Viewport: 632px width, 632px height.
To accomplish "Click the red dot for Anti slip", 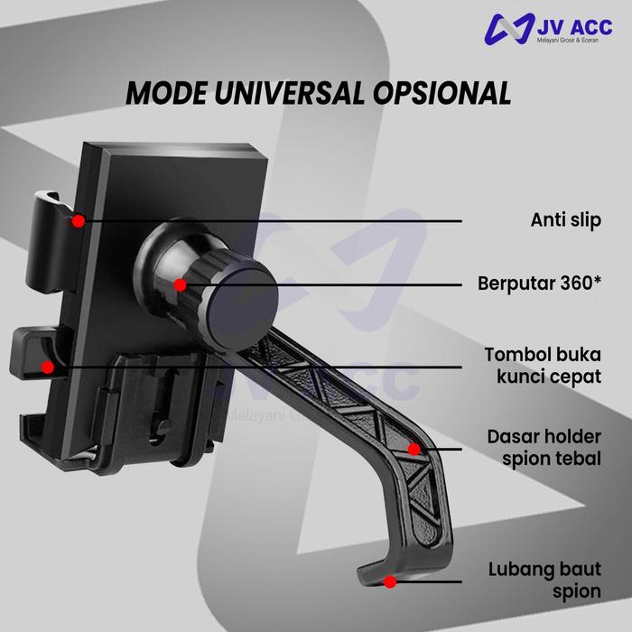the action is tap(79, 219).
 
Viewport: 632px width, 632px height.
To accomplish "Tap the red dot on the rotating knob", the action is tap(180, 285).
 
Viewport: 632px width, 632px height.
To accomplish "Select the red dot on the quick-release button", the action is tap(48, 366).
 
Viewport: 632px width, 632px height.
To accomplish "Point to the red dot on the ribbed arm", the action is tap(414, 448).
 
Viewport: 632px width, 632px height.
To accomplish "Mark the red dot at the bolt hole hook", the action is tap(389, 582).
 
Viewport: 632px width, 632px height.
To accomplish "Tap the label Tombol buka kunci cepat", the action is tap(542, 366).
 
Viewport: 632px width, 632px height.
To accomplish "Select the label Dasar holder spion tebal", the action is tap(544, 448).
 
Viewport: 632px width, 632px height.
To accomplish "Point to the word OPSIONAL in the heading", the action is tap(436, 94).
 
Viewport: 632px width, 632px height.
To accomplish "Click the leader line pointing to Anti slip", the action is tap(271, 220).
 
